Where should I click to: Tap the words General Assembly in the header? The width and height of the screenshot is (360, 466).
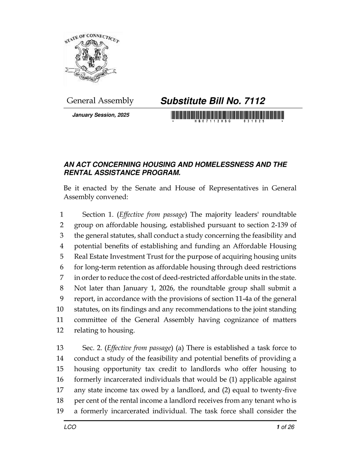[100, 101]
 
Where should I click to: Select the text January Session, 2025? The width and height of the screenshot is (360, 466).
[101, 115]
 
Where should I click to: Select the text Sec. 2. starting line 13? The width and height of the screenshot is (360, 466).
[92, 348]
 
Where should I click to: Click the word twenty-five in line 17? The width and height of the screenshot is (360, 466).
[279, 390]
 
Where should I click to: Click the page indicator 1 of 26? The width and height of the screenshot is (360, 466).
[285, 427]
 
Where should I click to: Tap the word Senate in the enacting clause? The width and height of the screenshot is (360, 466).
[146, 188]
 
